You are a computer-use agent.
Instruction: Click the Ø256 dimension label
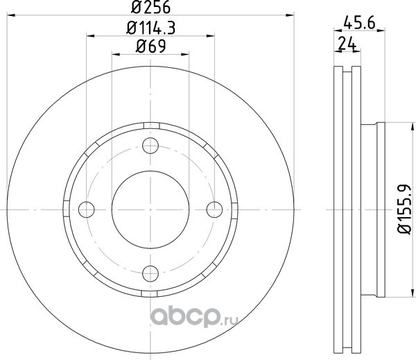pyautogui.click(x=150, y=7)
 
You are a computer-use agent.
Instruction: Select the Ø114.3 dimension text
pyautogui.click(x=150, y=28)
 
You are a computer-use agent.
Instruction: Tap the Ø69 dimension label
pyautogui.click(x=150, y=46)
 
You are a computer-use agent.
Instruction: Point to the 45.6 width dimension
pyautogui.click(x=359, y=23)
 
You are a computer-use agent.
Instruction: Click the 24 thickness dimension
pyautogui.click(x=347, y=44)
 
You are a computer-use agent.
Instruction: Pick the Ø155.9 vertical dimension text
pyautogui.click(x=404, y=209)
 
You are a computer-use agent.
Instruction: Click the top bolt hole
pyautogui.click(x=150, y=146)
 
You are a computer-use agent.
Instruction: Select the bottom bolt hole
pyautogui.click(x=150, y=273)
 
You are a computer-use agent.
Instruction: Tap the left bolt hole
pyautogui.click(x=87, y=209)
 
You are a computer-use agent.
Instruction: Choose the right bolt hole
pyautogui.click(x=214, y=209)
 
